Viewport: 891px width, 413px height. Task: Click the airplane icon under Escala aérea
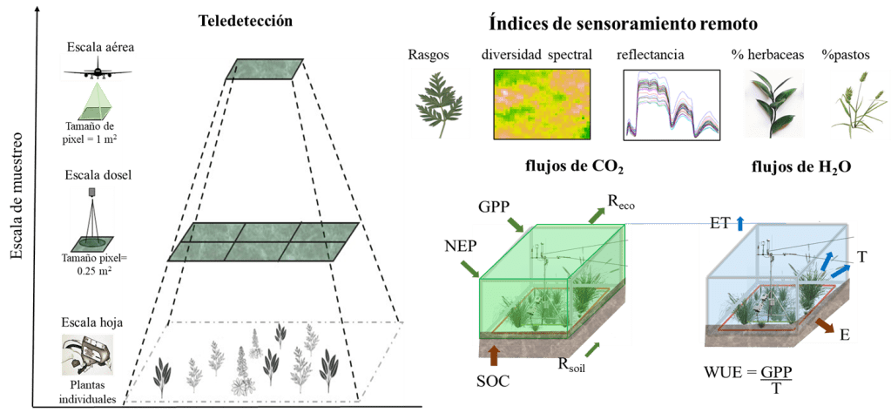coord(98,72)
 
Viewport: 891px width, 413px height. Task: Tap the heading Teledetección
coord(246,22)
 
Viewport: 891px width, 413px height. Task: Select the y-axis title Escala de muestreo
coord(19,195)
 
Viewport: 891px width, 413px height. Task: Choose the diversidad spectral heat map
coord(542,104)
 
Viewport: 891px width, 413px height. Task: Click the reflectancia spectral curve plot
coord(672,105)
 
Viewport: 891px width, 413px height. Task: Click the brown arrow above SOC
coord(493,355)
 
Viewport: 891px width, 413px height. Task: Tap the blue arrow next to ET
coord(739,223)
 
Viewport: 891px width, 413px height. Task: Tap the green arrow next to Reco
coord(597,216)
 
